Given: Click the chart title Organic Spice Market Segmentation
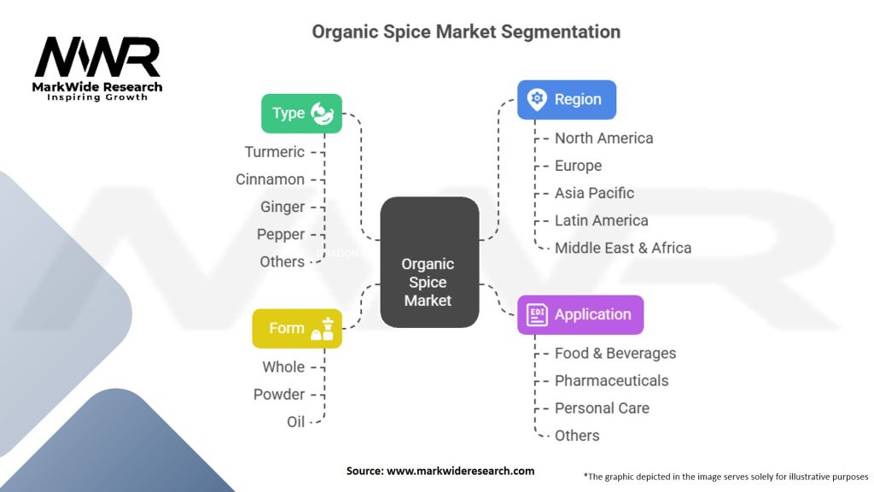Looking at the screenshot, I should [466, 32].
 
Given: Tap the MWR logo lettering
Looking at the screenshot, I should [97, 58].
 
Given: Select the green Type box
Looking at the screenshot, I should [301, 113].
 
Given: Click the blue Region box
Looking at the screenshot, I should [566, 99].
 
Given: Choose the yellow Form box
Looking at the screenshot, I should [296, 328].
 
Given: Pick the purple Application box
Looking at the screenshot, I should [580, 314].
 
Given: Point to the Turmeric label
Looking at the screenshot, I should [274, 152].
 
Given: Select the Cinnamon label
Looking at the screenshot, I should [270, 179].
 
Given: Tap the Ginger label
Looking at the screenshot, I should [282, 207].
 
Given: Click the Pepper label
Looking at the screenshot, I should [280, 234].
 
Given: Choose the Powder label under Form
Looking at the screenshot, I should [278, 394].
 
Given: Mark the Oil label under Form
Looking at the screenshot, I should [295, 421].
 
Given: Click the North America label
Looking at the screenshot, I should [603, 138].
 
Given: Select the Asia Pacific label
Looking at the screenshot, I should [594, 193].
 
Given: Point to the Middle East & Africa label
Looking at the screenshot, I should [622, 248].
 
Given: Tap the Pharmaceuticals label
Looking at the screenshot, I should [611, 380].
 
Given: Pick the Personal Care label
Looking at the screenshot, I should [602, 407].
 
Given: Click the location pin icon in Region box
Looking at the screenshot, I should [537, 99].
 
